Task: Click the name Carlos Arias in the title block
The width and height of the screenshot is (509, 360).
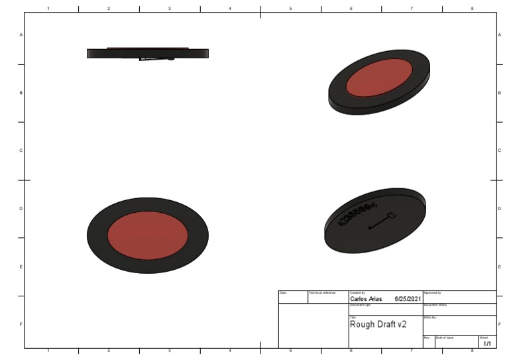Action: pos(366,299)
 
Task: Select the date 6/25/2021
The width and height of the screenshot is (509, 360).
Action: pos(408,299)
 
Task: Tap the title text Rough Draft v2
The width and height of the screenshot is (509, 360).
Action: pos(378,324)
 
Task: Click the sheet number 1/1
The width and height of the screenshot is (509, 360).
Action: pos(487,343)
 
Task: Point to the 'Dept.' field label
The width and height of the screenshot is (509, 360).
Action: pos(283,292)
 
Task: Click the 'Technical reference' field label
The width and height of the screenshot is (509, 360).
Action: pos(322,292)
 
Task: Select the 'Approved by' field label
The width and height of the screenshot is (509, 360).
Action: pos(432,292)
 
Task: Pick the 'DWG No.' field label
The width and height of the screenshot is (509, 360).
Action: pos(429,318)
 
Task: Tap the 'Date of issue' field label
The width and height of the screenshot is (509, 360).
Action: pos(445,337)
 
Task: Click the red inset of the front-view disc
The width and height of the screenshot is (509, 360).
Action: pos(147,235)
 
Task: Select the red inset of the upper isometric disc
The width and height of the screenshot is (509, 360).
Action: pos(379,77)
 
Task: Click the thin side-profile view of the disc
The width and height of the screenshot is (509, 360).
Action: pos(148,53)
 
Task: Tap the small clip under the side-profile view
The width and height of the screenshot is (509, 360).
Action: pos(156,59)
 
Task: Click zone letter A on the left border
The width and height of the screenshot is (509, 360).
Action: pos(21,34)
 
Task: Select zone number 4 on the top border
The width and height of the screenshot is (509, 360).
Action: pos(230,8)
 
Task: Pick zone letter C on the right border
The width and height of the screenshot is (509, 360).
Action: pos(499,150)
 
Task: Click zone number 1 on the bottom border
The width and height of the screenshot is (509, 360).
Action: pos(48,351)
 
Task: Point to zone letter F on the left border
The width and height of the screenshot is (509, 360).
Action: pos(21,324)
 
